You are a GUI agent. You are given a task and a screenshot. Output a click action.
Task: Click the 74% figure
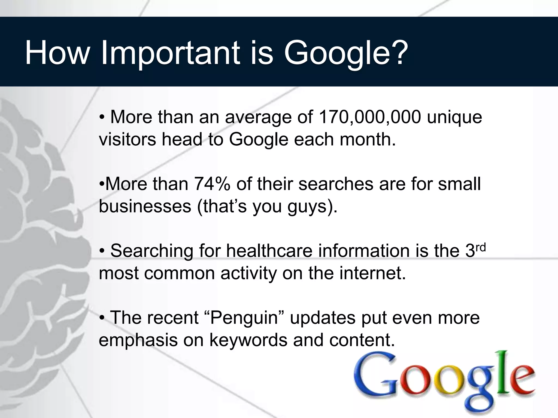[212, 184]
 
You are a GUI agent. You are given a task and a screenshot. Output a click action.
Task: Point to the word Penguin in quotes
[244, 318]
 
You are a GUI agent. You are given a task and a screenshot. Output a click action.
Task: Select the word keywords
[248, 340]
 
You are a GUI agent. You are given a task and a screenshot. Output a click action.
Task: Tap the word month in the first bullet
[366, 139]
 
